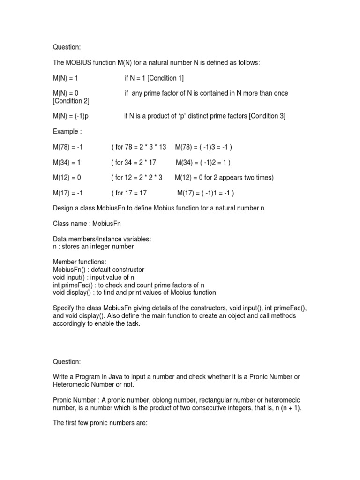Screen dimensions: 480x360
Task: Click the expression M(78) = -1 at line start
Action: click(68, 147)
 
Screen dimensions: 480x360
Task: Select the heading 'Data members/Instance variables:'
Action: click(102, 239)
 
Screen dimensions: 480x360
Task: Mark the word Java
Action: click(118, 377)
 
